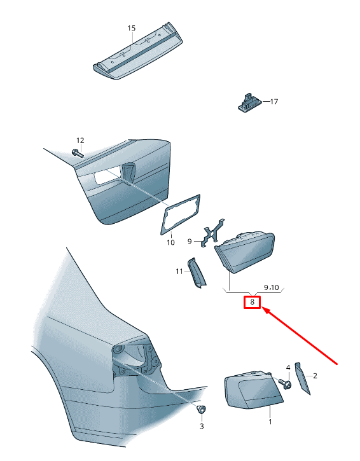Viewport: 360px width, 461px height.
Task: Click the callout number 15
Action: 132,28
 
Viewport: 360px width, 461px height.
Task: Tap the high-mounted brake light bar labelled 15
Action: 137,51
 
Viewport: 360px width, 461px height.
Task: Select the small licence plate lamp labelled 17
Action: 249,102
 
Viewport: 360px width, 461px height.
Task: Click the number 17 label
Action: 274,102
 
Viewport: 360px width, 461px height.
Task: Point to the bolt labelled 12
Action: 78,153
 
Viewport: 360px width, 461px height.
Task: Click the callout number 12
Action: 80,141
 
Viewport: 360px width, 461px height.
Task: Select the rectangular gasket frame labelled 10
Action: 180,215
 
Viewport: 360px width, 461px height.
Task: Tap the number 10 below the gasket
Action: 170,242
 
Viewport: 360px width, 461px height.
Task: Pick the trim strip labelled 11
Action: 197,272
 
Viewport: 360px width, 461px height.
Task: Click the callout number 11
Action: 179,272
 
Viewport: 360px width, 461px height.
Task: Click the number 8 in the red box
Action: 252,302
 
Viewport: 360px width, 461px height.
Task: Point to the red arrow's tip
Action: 262,307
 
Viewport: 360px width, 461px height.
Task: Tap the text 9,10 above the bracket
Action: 271,287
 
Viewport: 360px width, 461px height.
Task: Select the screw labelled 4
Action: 285,383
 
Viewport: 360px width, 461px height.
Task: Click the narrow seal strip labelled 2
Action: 302,378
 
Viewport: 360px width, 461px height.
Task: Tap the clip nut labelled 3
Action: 201,409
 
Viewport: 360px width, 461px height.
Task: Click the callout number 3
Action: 202,426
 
